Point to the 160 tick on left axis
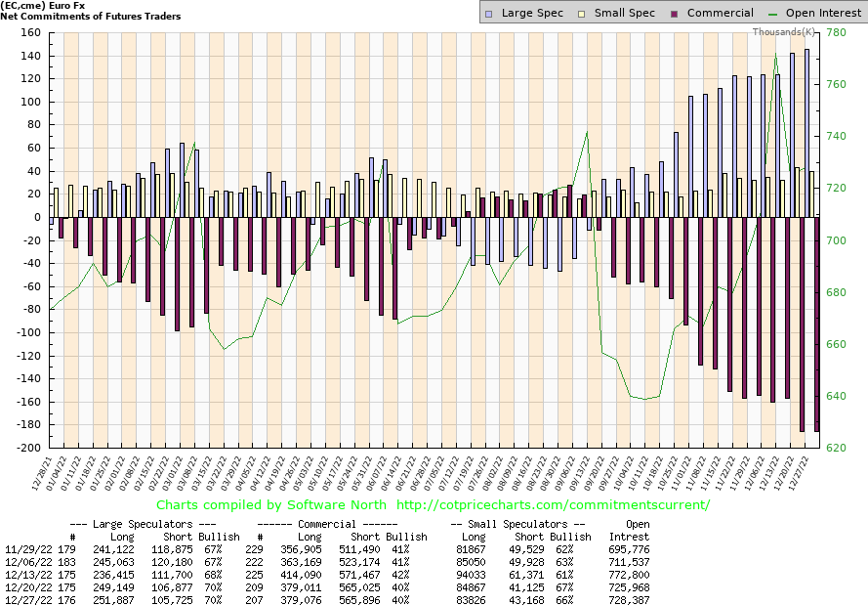[28, 33]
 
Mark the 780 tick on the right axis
[836, 33]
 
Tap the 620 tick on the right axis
[836, 448]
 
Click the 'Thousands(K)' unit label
[786, 32]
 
